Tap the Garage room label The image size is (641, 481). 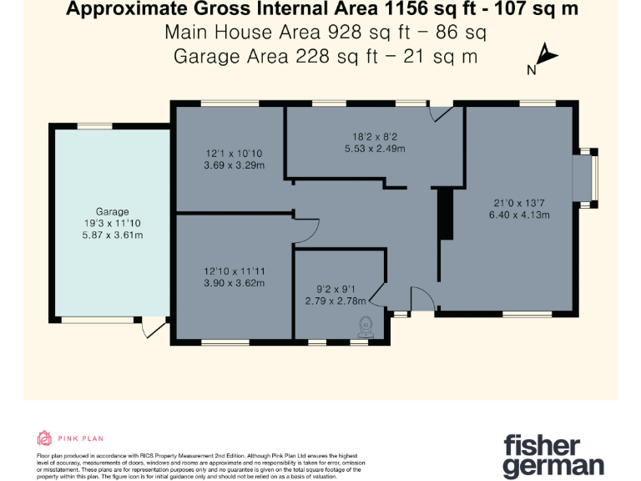112,212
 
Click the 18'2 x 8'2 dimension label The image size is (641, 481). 375,138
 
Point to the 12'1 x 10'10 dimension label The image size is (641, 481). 235,154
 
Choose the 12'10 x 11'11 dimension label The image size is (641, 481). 235,271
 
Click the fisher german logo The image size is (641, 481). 553,454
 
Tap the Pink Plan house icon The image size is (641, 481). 44,438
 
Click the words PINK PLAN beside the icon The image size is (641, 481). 80,438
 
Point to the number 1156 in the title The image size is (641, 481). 395,10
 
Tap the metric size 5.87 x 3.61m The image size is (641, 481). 112,235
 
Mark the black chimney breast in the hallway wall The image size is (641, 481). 445,215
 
